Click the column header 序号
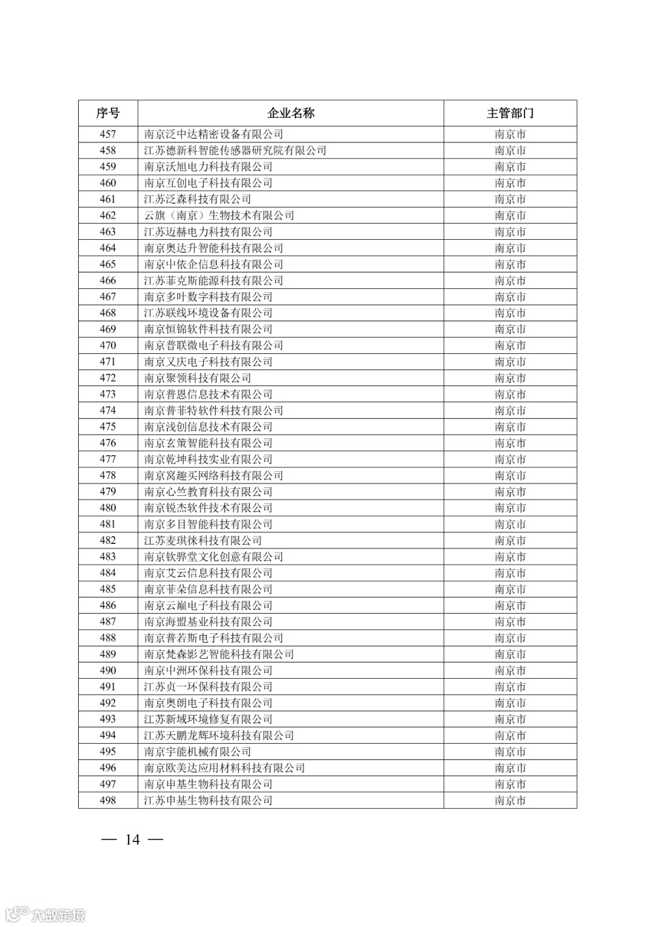(x=108, y=113)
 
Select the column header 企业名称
(x=291, y=113)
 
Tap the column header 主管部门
(x=510, y=113)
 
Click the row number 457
(x=108, y=134)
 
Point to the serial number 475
(x=108, y=427)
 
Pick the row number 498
(x=108, y=800)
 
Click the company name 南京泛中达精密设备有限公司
(x=213, y=134)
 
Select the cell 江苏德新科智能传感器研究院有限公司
(x=235, y=151)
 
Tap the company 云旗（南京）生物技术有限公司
(x=219, y=216)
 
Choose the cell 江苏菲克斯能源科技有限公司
(x=213, y=280)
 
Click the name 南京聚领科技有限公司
(x=198, y=378)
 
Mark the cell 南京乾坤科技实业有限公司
(x=208, y=460)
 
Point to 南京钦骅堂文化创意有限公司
(x=213, y=557)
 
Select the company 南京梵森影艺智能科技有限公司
(x=219, y=654)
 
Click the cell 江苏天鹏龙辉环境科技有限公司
(x=219, y=735)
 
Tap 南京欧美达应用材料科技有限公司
(x=224, y=768)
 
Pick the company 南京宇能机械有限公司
(x=198, y=752)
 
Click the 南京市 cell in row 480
(x=510, y=508)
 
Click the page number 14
(x=132, y=840)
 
